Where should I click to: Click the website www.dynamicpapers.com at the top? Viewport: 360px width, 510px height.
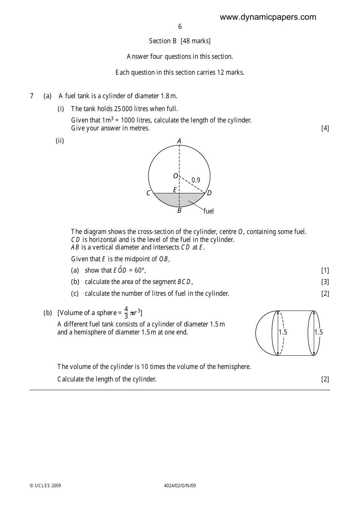click(268, 17)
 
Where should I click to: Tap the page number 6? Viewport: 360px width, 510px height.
click(180, 27)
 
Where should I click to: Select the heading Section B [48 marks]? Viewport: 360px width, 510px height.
click(180, 41)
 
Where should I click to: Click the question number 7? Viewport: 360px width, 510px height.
click(32, 96)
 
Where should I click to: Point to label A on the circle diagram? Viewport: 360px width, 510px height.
click(179, 141)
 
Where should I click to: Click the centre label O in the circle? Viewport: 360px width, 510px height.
click(175, 176)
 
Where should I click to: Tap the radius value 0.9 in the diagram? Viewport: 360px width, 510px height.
click(196, 180)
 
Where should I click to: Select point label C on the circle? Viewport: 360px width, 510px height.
click(149, 193)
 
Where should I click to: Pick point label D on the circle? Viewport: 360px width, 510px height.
click(209, 193)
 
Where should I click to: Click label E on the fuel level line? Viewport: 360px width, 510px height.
click(175, 190)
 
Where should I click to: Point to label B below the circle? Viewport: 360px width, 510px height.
click(179, 210)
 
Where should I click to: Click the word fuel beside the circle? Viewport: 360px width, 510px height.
click(208, 211)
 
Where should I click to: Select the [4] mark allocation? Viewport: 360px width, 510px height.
click(325, 128)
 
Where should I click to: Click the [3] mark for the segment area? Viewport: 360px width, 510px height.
click(325, 282)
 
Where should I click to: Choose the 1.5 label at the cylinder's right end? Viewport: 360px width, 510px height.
click(318, 332)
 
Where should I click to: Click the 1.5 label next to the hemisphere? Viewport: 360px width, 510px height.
click(283, 332)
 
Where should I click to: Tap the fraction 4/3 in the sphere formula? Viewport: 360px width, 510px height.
click(126, 312)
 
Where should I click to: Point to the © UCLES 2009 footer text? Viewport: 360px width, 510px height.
click(45, 486)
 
